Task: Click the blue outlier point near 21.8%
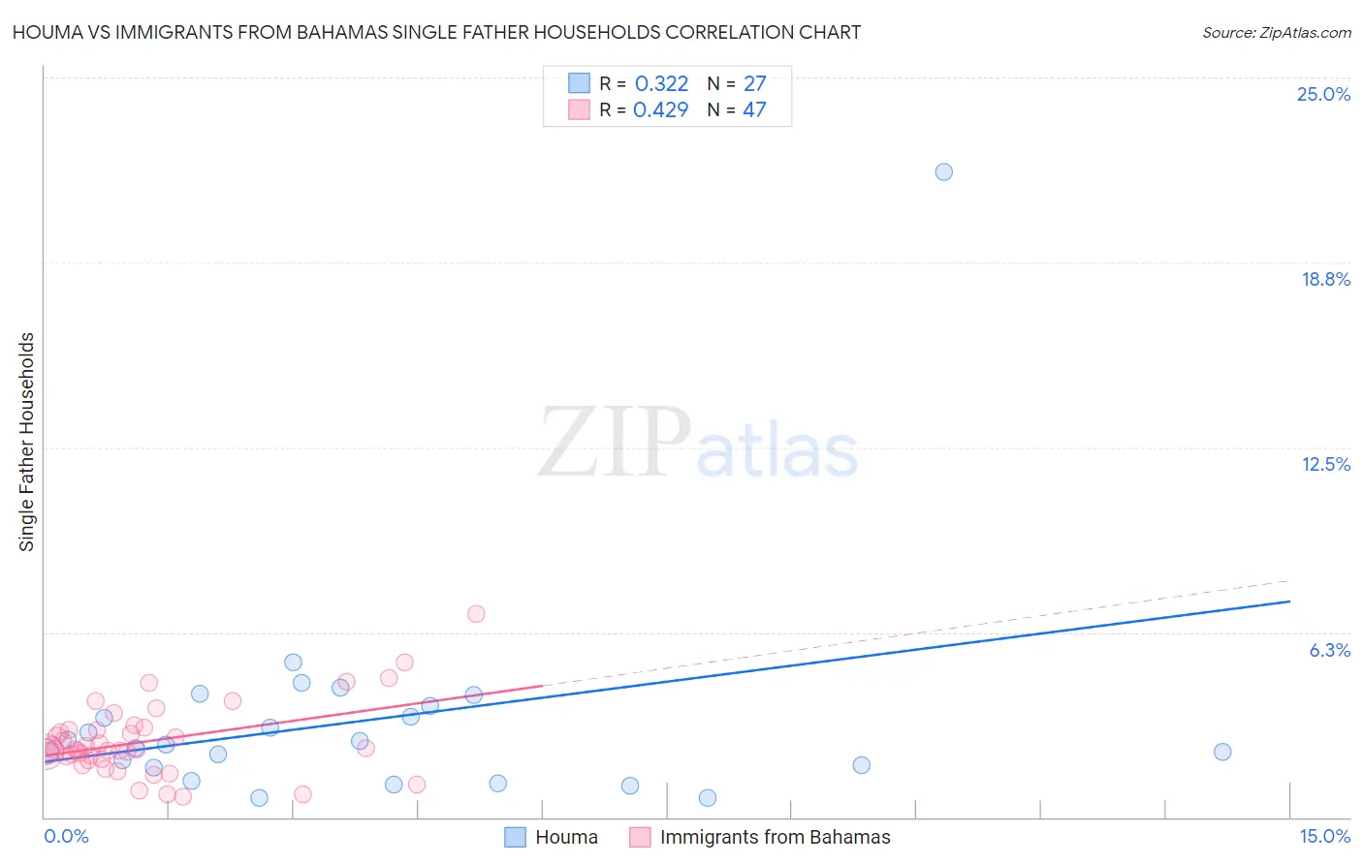pyautogui.click(x=943, y=172)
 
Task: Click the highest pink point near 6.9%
pyautogui.click(x=475, y=614)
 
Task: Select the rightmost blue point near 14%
pyautogui.click(x=1222, y=753)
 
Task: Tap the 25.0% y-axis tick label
pyautogui.click(x=1323, y=95)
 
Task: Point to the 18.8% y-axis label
pyautogui.click(x=1325, y=280)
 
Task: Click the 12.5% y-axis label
pyautogui.click(x=1325, y=465)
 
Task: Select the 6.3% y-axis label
pyautogui.click(x=1329, y=651)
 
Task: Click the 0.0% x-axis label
pyautogui.click(x=66, y=837)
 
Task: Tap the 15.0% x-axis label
pyautogui.click(x=1324, y=837)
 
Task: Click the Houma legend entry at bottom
pyautogui.click(x=566, y=838)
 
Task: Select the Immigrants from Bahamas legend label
pyautogui.click(x=775, y=838)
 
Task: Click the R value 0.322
pyautogui.click(x=661, y=84)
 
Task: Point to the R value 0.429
pyautogui.click(x=660, y=110)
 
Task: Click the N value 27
pyautogui.click(x=754, y=84)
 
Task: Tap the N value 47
pyautogui.click(x=754, y=110)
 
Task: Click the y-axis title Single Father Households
pyautogui.click(x=27, y=442)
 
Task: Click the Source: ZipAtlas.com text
pyautogui.click(x=1276, y=33)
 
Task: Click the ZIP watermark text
pyautogui.click(x=614, y=444)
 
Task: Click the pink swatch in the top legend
pyautogui.click(x=579, y=109)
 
